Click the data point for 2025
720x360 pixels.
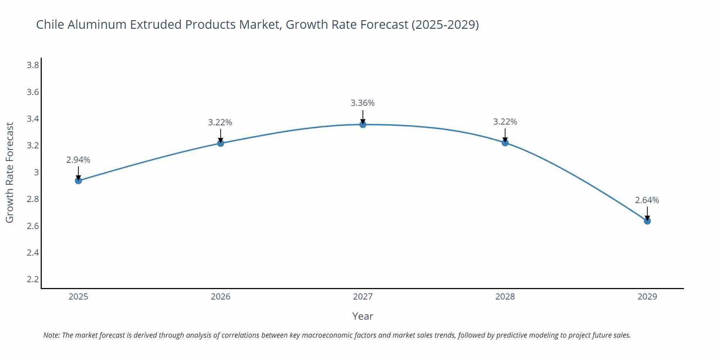coord(78,180)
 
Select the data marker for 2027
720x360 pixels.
coord(363,125)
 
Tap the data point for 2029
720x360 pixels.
coord(647,221)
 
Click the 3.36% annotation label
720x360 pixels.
coord(363,103)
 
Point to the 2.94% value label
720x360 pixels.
coord(78,160)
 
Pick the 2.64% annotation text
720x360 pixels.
coord(647,200)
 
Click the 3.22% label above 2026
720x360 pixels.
coord(220,122)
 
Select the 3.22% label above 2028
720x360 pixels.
coord(505,122)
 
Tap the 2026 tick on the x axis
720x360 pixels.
coord(221,297)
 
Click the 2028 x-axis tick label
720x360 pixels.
coord(505,297)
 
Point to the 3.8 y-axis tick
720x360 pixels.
coord(33,65)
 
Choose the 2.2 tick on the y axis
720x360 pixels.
coord(33,279)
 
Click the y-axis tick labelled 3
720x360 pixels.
coord(36,172)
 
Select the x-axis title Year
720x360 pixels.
coord(363,316)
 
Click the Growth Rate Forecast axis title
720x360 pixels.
coord(10,172)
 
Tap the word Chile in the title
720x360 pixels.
coord(50,24)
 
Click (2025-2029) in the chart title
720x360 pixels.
coord(445,24)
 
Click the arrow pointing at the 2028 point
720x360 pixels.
coord(505,135)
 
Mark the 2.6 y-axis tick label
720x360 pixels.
coord(33,226)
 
